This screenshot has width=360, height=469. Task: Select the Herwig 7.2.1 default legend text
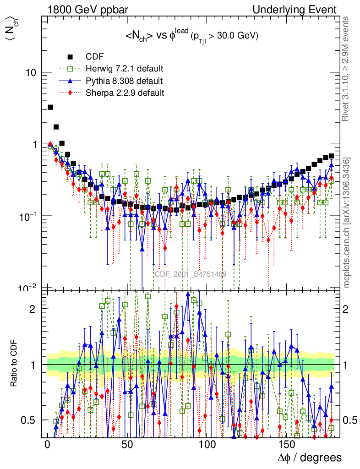(125, 69)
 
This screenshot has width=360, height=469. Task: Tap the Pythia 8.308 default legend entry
(124, 81)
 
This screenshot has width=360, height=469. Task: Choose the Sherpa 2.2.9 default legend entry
(125, 93)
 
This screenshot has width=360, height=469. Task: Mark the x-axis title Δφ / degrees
(310, 458)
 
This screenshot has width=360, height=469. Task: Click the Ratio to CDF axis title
(14, 364)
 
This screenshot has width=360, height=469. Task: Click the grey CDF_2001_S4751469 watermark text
(191, 274)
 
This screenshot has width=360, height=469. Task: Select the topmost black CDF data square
(50, 107)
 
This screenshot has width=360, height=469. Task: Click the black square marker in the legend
(70, 57)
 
